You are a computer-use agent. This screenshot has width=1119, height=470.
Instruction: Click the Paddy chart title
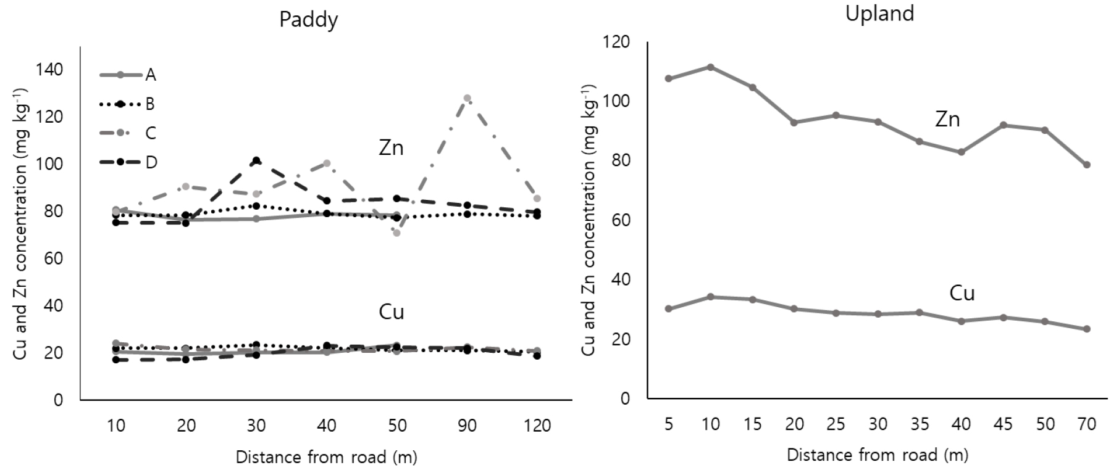coord(308,20)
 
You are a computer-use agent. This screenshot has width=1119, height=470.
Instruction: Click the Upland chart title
coord(879,14)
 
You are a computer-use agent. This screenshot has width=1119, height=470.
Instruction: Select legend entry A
coord(150,75)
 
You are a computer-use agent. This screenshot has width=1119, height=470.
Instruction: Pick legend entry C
coord(150,133)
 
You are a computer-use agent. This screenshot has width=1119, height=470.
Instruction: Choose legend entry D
coord(151,162)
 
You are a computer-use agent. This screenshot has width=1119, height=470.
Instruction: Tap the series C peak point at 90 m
coord(467,98)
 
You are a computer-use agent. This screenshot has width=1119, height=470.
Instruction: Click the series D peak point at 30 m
coord(256,160)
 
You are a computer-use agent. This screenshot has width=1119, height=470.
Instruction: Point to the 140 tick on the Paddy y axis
coord(49,70)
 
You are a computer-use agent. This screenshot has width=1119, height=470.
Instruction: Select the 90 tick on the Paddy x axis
coord(467,426)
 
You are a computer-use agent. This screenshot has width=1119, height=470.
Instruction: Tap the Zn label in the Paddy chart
coord(391,148)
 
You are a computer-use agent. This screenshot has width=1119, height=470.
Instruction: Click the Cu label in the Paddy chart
coord(391,312)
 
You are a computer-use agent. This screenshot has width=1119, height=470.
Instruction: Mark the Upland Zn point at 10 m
coord(710,67)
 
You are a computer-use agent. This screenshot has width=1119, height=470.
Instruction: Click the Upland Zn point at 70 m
coord(1087,165)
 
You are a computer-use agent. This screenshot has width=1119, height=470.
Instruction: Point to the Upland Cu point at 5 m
coord(668,308)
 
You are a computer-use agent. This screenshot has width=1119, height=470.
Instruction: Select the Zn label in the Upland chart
coord(947,118)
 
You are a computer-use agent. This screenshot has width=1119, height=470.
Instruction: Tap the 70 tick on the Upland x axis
coord(1087,424)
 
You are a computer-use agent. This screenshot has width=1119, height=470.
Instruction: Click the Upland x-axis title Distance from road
coord(877,455)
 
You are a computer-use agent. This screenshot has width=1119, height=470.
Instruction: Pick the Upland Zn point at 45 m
coord(1004,125)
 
